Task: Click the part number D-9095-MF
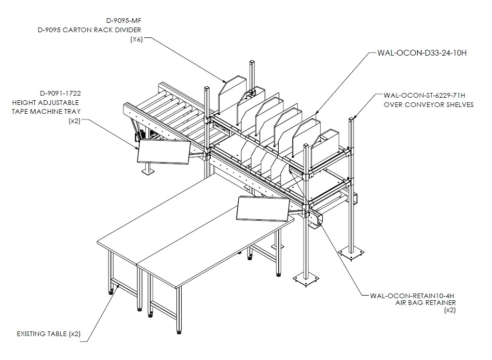124,21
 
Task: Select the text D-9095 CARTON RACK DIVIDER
89,30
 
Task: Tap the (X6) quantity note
136,39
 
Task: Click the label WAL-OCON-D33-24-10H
422,53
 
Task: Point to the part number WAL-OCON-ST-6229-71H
424,95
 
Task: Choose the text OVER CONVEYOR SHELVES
429,104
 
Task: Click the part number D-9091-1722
61,94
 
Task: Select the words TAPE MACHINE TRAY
46,111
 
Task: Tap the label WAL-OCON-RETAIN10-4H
412,296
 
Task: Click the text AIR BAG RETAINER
426,303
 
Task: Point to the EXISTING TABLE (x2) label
49,334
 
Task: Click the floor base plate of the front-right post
306,279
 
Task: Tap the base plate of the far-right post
351,253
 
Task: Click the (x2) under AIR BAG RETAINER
450,310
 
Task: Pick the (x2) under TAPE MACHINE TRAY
75,121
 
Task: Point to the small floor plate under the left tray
148,171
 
